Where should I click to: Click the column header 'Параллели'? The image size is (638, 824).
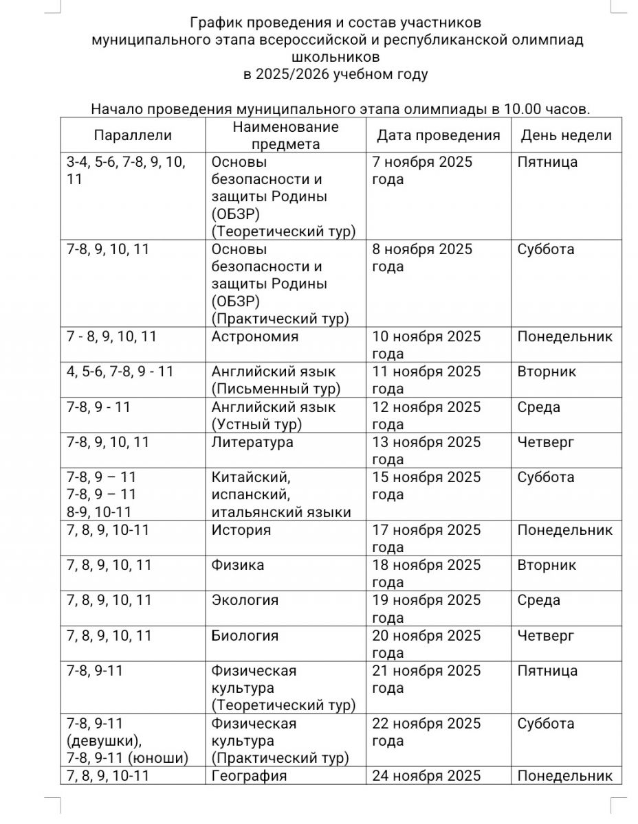[133, 135]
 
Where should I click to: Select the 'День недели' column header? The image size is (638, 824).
[566, 135]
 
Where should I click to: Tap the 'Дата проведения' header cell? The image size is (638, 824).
[438, 135]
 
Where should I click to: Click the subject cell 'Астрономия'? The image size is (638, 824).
[255, 337]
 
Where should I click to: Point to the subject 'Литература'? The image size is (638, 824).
[252, 442]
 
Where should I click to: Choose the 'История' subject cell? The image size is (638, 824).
[241, 530]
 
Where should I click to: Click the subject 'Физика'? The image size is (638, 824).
[238, 565]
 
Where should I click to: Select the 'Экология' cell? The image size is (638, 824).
[245, 600]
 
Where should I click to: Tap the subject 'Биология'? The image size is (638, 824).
[245, 636]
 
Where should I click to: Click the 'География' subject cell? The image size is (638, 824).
[249, 776]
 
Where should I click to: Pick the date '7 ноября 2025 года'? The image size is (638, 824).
[422, 171]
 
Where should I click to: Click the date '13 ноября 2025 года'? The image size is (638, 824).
[426, 450]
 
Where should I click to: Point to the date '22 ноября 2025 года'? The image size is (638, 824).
[426, 732]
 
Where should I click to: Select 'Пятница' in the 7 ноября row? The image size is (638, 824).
[547, 163]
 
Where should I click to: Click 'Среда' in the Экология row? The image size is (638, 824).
[539, 600]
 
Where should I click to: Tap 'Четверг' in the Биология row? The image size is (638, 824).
[545, 636]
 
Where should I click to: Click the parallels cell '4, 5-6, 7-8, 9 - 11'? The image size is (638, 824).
[120, 372]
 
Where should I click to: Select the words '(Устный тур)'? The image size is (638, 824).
[257, 424]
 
